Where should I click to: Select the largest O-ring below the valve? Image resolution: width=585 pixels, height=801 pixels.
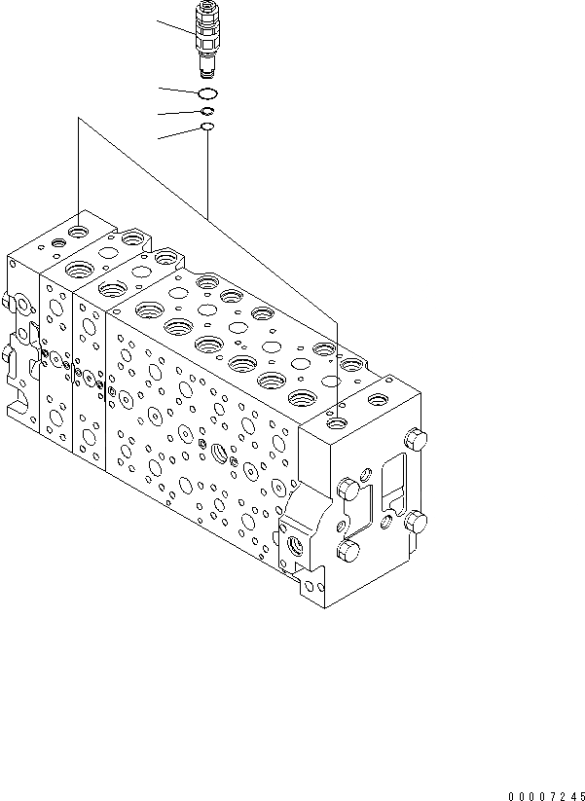coord(206,93)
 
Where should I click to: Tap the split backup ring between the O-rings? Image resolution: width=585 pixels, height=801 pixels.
coord(206,112)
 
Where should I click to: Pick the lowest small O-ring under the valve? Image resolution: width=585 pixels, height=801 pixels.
coord(206,127)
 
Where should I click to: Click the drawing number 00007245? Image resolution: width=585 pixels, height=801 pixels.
coord(547,793)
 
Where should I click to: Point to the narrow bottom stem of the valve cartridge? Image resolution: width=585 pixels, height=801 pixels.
coord(206,68)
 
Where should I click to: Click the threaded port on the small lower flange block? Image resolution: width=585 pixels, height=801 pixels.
coord(296,550)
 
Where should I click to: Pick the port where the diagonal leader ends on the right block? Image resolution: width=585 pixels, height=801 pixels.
coord(337,424)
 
